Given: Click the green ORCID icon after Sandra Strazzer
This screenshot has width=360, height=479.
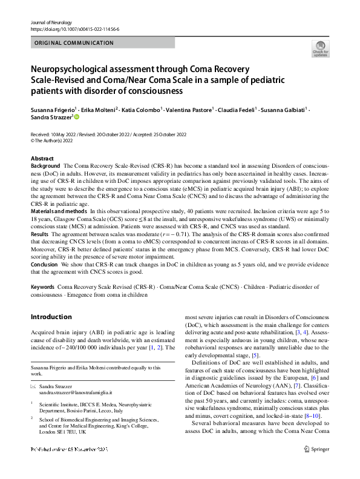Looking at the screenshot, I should [77, 118].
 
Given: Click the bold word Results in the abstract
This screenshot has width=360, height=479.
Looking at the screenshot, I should [39, 234].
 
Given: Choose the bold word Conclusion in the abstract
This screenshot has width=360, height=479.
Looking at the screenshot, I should [44, 264].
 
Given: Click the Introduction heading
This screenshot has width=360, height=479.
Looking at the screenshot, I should [51, 317].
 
